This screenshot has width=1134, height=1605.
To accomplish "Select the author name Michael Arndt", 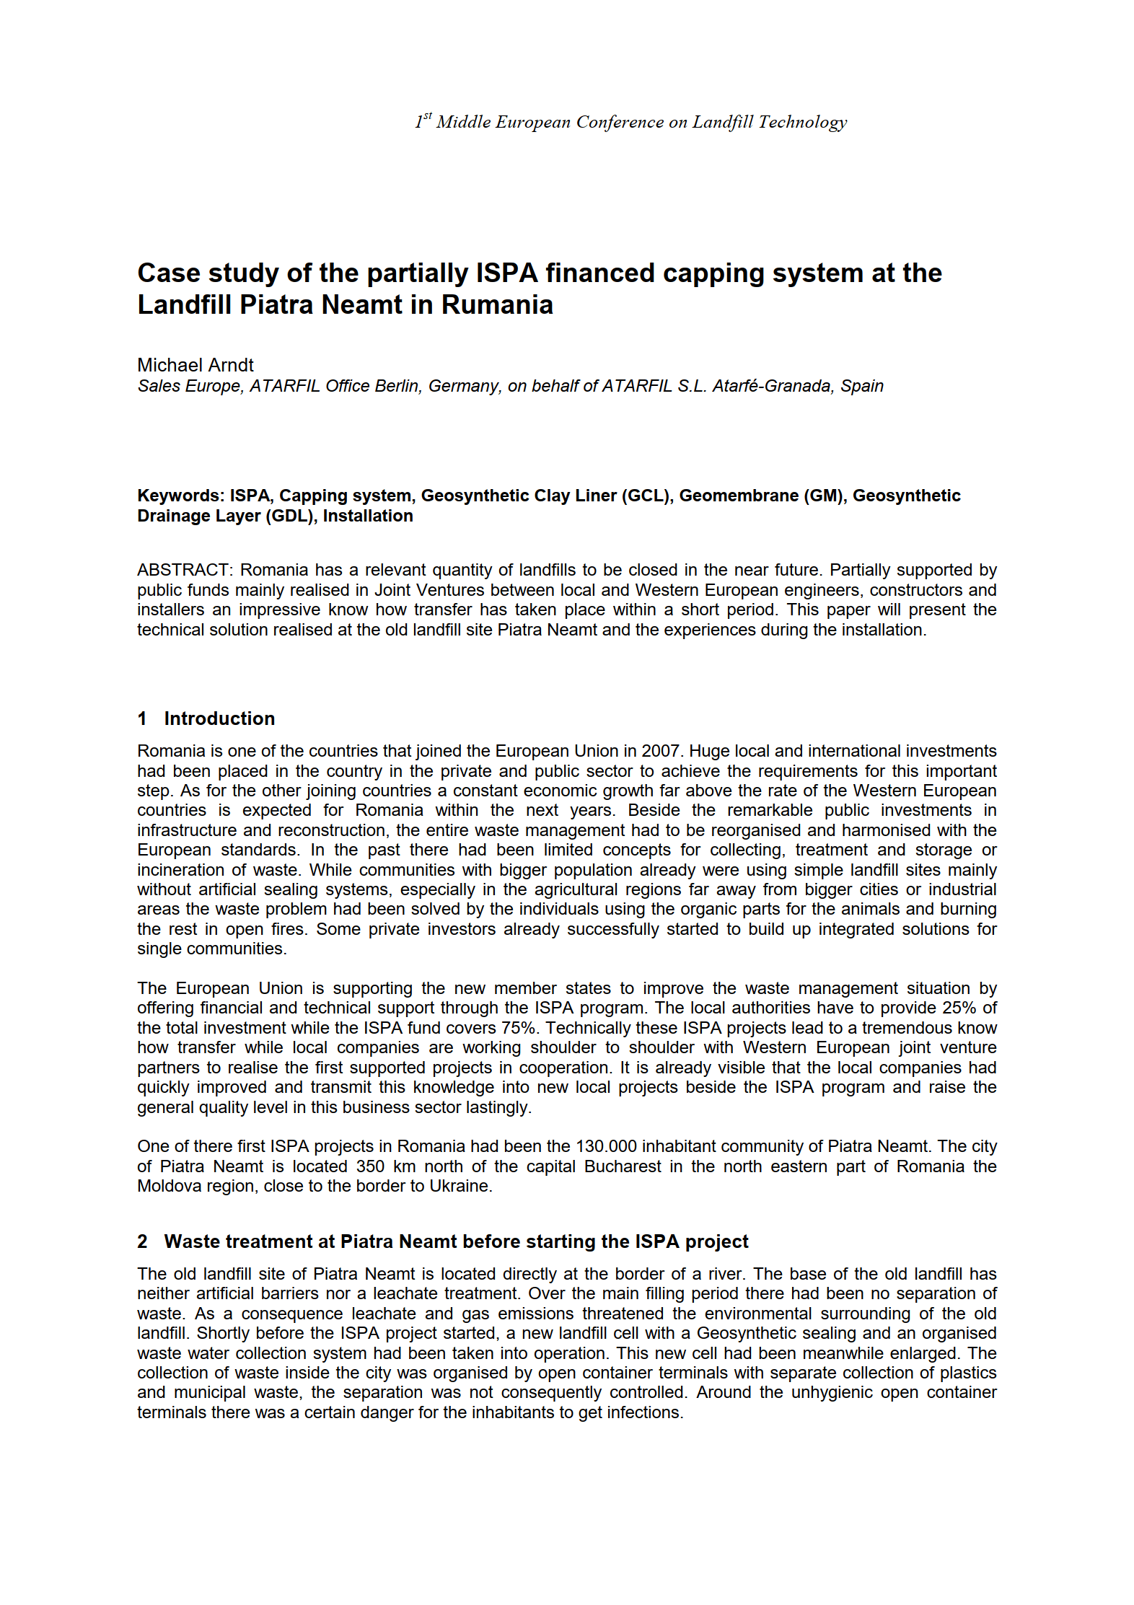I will (x=195, y=365).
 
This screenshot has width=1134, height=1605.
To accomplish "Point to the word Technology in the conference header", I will (x=802, y=122).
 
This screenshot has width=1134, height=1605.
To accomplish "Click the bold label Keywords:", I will (x=181, y=496).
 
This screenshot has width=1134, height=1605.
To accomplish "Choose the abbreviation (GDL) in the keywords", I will (x=291, y=516).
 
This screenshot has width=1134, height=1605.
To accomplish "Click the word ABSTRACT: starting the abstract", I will (x=185, y=570).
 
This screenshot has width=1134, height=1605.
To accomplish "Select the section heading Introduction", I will (x=219, y=718).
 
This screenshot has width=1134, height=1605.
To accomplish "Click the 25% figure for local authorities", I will (x=959, y=1008).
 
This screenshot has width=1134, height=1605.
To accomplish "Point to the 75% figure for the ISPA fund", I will (x=517, y=1028).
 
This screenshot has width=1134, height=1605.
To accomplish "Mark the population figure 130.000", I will (x=606, y=1146).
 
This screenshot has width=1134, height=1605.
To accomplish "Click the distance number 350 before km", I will (x=370, y=1166).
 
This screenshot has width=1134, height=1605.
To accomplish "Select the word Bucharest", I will (x=623, y=1166).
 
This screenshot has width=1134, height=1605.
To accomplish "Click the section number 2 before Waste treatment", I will (x=142, y=1241).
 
